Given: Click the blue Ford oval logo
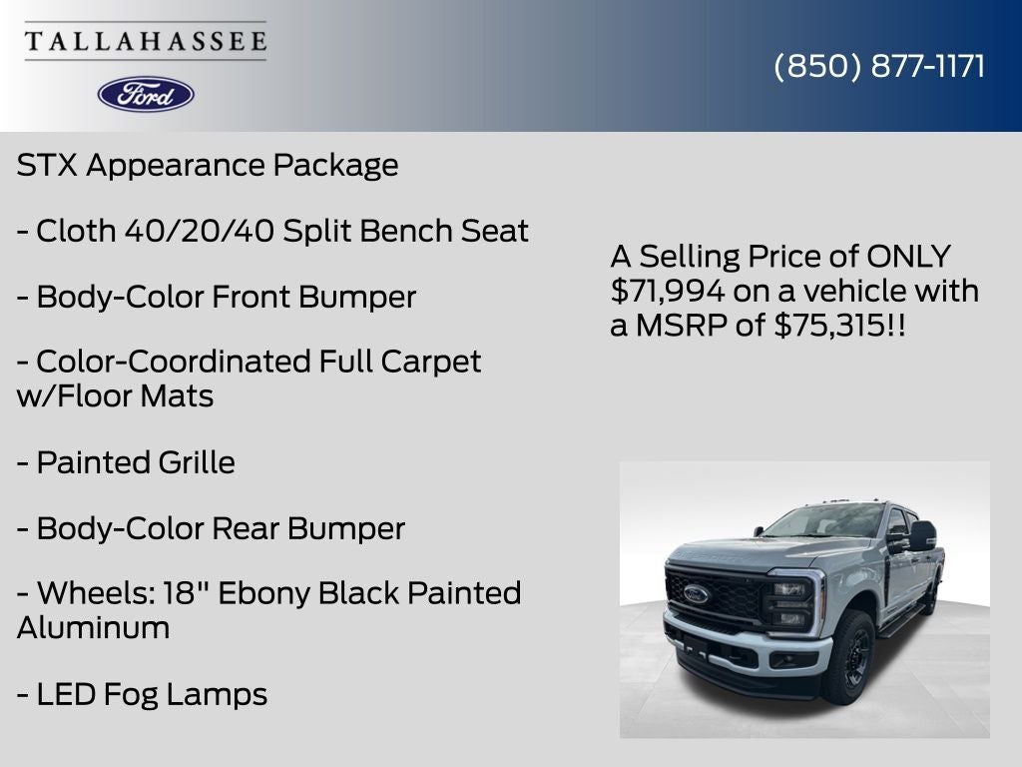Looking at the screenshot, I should (x=146, y=94).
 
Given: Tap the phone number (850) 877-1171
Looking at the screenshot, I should (x=879, y=66).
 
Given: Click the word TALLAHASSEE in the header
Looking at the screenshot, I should (x=146, y=41).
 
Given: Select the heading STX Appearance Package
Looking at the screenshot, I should (x=208, y=165).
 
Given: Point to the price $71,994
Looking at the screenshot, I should (x=669, y=292).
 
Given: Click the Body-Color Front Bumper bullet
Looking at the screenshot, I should (x=217, y=297).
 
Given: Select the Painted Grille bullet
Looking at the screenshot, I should (x=127, y=462).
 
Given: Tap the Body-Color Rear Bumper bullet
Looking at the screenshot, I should (x=212, y=528).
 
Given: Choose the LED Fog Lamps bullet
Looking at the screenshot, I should (x=143, y=694).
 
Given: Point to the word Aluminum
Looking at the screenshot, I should (x=93, y=628).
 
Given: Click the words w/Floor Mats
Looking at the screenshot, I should (x=115, y=396).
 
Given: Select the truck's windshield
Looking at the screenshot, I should (x=824, y=520).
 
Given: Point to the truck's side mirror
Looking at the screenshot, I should (x=920, y=535).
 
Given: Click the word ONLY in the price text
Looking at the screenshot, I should (x=908, y=257).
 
